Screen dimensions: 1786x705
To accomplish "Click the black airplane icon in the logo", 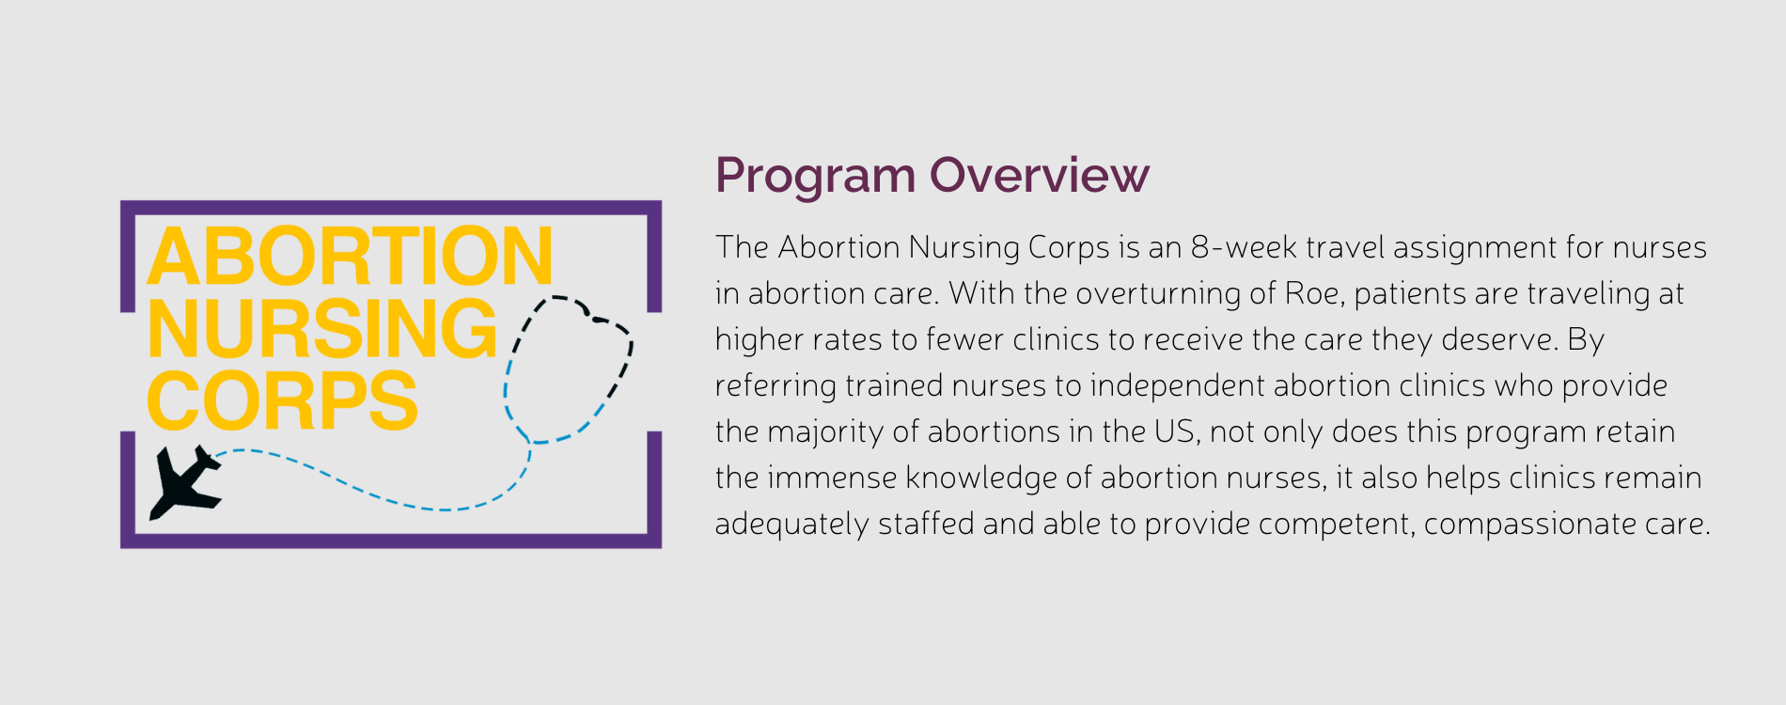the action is pos(186,483).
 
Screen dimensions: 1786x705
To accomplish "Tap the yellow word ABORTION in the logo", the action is pos(350,256).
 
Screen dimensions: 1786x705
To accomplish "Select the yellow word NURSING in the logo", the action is pos(321,328).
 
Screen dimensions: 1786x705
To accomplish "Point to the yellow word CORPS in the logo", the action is pos(282,400).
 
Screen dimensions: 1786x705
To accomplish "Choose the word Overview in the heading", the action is pos(1040,176).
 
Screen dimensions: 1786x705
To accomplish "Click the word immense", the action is pos(832,478).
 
